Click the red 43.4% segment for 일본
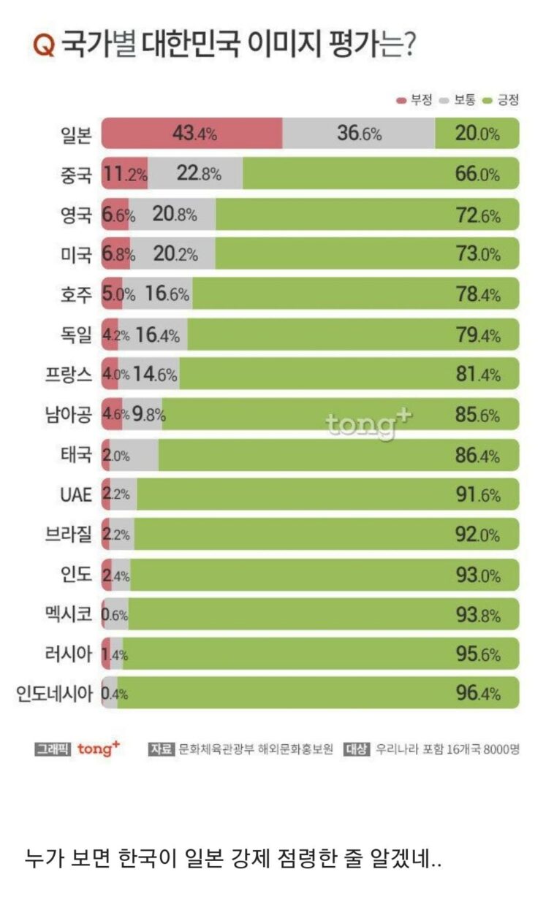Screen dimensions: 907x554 191,134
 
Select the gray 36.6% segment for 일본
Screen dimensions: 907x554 359,134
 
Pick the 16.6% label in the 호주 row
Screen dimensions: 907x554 167,294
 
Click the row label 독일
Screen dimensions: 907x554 76,334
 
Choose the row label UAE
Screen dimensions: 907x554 75,494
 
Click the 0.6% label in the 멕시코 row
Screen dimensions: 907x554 115,615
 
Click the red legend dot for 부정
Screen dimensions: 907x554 401,101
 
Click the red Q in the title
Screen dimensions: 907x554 44,45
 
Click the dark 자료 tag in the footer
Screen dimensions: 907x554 161,749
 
